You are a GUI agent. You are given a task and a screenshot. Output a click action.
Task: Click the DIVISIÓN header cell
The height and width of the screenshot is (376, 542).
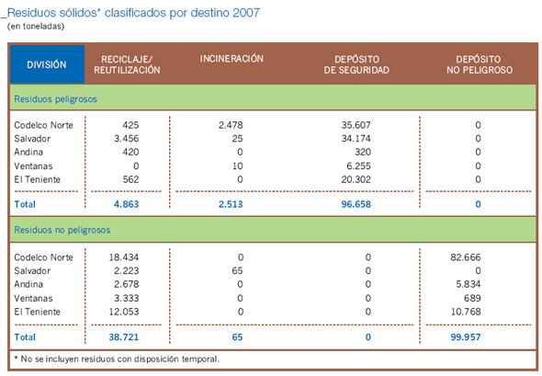46,64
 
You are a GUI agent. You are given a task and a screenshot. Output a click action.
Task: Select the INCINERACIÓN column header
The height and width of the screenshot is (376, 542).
231,59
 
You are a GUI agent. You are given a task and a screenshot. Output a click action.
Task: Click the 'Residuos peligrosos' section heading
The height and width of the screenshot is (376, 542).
54,97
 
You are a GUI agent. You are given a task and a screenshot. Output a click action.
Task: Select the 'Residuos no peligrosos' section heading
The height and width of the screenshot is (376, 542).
61,225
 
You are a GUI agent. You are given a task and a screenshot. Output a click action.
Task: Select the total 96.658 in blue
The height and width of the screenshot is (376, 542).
355,203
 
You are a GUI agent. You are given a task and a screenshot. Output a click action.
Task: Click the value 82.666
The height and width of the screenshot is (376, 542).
464,257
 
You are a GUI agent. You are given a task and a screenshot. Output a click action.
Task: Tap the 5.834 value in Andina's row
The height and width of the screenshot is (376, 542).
467,285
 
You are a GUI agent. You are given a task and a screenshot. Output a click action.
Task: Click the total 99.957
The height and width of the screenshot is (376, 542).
463,337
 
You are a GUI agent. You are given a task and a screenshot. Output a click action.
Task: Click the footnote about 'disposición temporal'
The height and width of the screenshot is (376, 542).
117,358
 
